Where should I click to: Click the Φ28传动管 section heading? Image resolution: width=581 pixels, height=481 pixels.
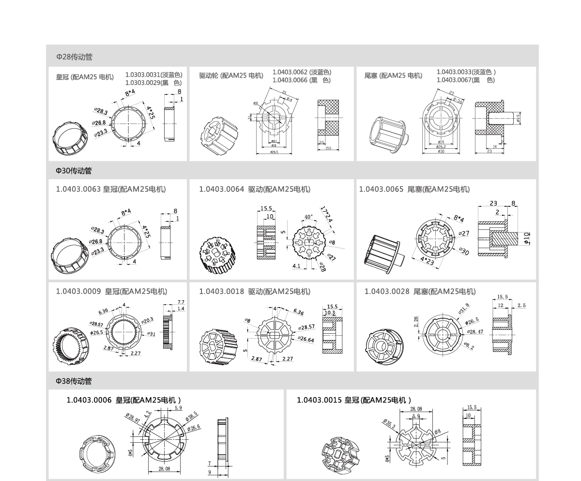tap(74, 57)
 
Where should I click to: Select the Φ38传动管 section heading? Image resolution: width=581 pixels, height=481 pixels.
tap(74, 381)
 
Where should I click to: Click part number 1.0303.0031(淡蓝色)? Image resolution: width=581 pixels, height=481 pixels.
tap(153, 75)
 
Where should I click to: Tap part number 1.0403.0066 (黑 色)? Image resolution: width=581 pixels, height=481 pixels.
tap(301, 80)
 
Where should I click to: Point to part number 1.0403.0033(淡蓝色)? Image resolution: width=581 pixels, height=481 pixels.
tap(466, 72)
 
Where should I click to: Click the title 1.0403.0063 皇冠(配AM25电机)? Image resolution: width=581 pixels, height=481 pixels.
tap(110, 189)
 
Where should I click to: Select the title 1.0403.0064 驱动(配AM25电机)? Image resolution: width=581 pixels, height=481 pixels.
tap(255, 189)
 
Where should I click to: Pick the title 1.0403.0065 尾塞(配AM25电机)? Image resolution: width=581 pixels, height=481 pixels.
tap(414, 189)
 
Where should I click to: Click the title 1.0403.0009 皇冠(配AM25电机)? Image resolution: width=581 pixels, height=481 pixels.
tap(111, 292)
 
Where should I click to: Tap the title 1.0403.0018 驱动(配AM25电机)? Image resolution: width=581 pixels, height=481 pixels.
tap(255, 292)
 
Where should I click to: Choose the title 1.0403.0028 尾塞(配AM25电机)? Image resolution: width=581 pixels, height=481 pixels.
tap(420, 292)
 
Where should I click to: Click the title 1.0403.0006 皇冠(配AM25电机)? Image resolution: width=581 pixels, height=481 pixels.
tap(123, 400)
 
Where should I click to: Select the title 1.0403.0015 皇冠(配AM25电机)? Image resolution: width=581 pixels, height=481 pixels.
tap(353, 400)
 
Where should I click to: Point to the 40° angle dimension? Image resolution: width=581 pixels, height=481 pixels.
tap(308, 217)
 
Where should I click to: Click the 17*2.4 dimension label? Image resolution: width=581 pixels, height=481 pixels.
tap(327, 215)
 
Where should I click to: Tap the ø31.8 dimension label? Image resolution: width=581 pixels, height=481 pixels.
tap(463, 309)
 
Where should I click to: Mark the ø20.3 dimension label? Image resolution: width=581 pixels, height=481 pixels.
tap(147, 320)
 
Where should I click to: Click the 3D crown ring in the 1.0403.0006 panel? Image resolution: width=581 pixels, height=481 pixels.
tap(97, 452)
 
